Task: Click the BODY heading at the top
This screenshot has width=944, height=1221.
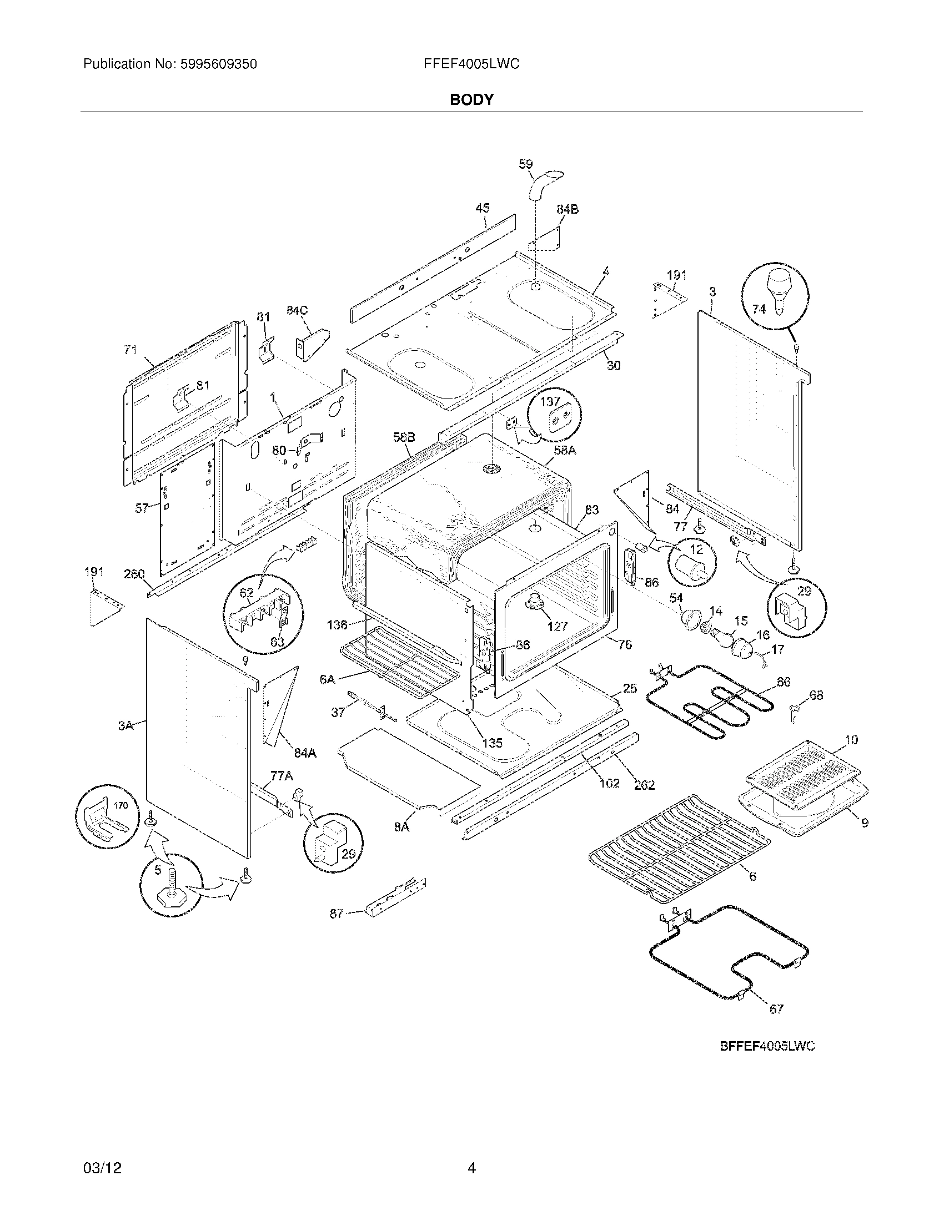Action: [471, 100]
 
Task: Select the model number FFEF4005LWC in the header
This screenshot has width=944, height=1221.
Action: [471, 64]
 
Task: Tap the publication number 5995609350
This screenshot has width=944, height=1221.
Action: [218, 64]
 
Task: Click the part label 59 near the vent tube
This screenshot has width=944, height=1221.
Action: [525, 164]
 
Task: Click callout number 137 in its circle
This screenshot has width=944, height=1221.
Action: [549, 401]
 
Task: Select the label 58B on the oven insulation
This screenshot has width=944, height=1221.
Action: [403, 438]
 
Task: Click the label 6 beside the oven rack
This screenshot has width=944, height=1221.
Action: [752, 876]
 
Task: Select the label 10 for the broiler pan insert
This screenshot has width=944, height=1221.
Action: [851, 740]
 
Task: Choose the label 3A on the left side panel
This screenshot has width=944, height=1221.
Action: [126, 726]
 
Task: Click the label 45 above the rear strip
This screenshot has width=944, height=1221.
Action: [482, 208]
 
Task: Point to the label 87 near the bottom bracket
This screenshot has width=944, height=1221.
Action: [336, 914]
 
